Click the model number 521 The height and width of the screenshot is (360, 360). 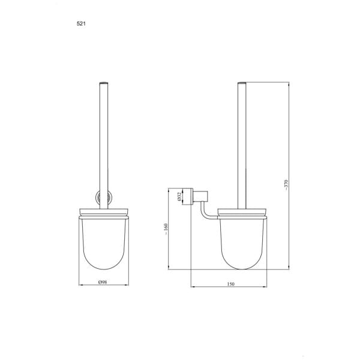[81, 23]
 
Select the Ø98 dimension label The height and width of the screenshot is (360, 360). [103, 282]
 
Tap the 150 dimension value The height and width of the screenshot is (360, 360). [231, 284]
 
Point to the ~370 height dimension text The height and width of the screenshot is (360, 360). [286, 185]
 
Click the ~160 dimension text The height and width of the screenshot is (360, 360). [166, 229]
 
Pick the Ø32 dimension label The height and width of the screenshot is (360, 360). [179, 197]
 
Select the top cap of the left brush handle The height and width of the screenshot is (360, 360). [104, 83]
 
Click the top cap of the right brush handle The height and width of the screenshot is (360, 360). [242, 83]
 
